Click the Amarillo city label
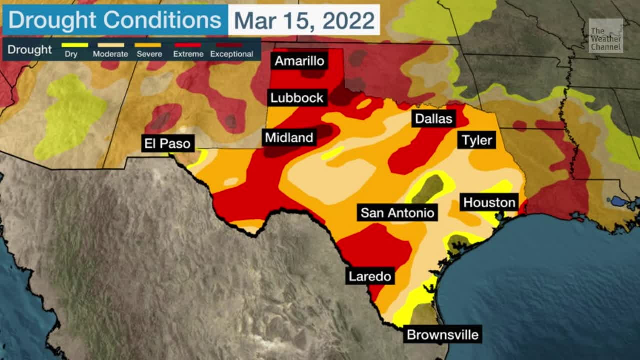(300, 61)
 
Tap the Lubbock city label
(297, 98)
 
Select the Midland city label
(289, 138)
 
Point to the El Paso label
(167, 144)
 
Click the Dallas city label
(433, 119)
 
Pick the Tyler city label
(477, 140)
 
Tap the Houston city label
(489, 202)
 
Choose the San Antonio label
(397, 213)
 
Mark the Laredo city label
(370, 276)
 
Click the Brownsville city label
(443, 334)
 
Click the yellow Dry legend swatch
(74, 45)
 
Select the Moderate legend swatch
(110, 45)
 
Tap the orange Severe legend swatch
(149, 45)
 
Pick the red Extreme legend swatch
(188, 45)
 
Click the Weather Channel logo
(606, 36)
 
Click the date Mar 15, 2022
(304, 20)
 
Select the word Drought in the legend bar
(30, 50)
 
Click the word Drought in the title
(52, 20)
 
